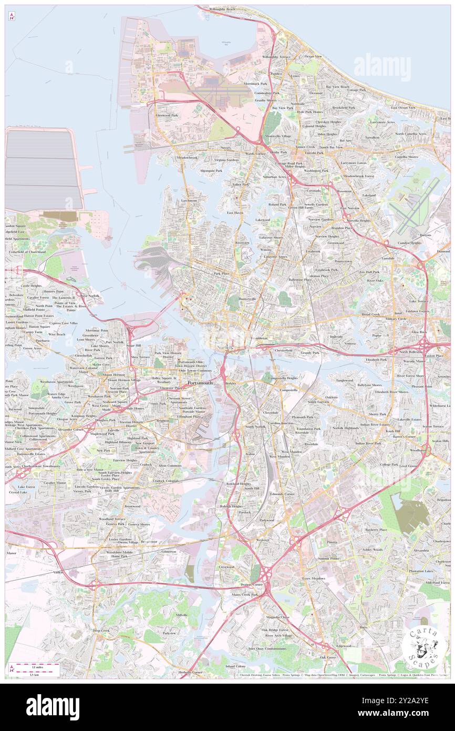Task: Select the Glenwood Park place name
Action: (x=167, y=115)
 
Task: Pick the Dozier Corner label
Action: (x=251, y=585)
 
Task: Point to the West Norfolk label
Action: (x=90, y=296)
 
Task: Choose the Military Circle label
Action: (x=396, y=319)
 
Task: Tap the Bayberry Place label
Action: (x=376, y=530)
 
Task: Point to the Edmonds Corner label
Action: (x=282, y=494)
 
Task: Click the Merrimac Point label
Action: (x=97, y=330)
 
